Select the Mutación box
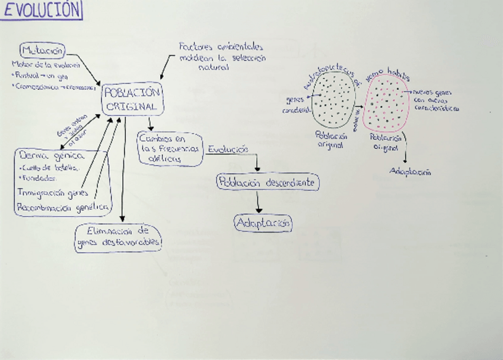(42, 50)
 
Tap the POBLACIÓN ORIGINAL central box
(132, 100)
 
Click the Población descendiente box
(268, 183)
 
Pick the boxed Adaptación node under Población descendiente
(263, 223)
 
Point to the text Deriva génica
(52, 156)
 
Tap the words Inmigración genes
(53, 193)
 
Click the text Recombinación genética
(62, 208)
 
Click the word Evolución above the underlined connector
(227, 150)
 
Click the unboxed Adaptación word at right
(410, 172)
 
